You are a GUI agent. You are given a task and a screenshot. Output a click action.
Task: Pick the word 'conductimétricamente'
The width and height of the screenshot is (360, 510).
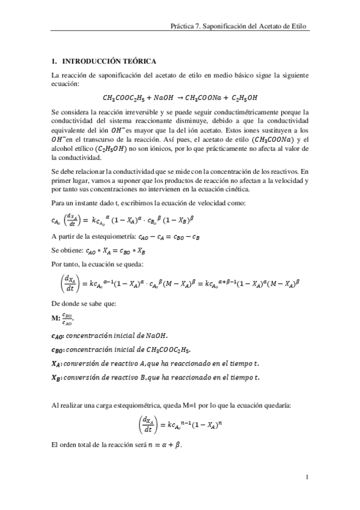(251, 112)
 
